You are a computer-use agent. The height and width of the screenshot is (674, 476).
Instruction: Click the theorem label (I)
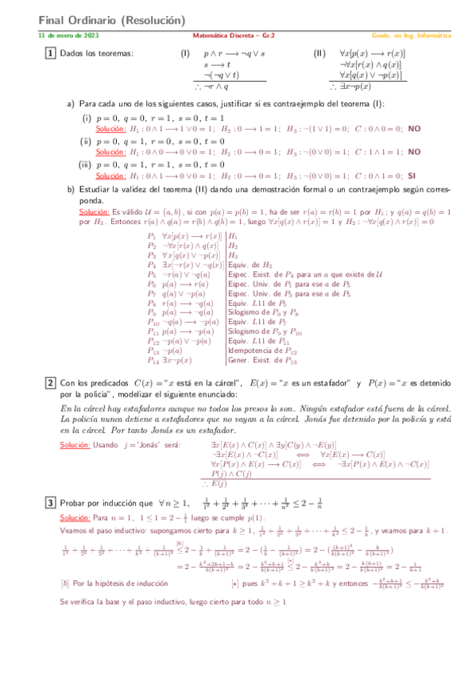184,53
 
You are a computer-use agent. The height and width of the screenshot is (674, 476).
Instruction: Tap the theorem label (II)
319,53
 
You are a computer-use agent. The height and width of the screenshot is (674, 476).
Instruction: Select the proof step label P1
152,236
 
